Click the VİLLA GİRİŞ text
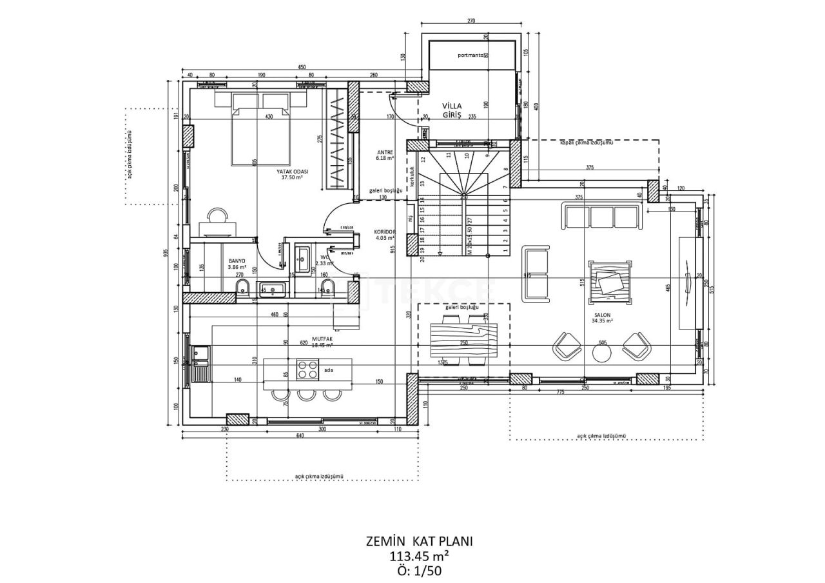(452, 110)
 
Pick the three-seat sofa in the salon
(602, 216)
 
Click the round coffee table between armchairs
(602, 352)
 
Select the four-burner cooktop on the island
(307, 369)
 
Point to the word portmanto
(470, 55)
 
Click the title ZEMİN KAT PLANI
(419, 541)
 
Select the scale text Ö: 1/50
(419, 570)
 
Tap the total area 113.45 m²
(419, 556)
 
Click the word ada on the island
(329, 370)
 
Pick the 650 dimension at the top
(302, 67)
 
